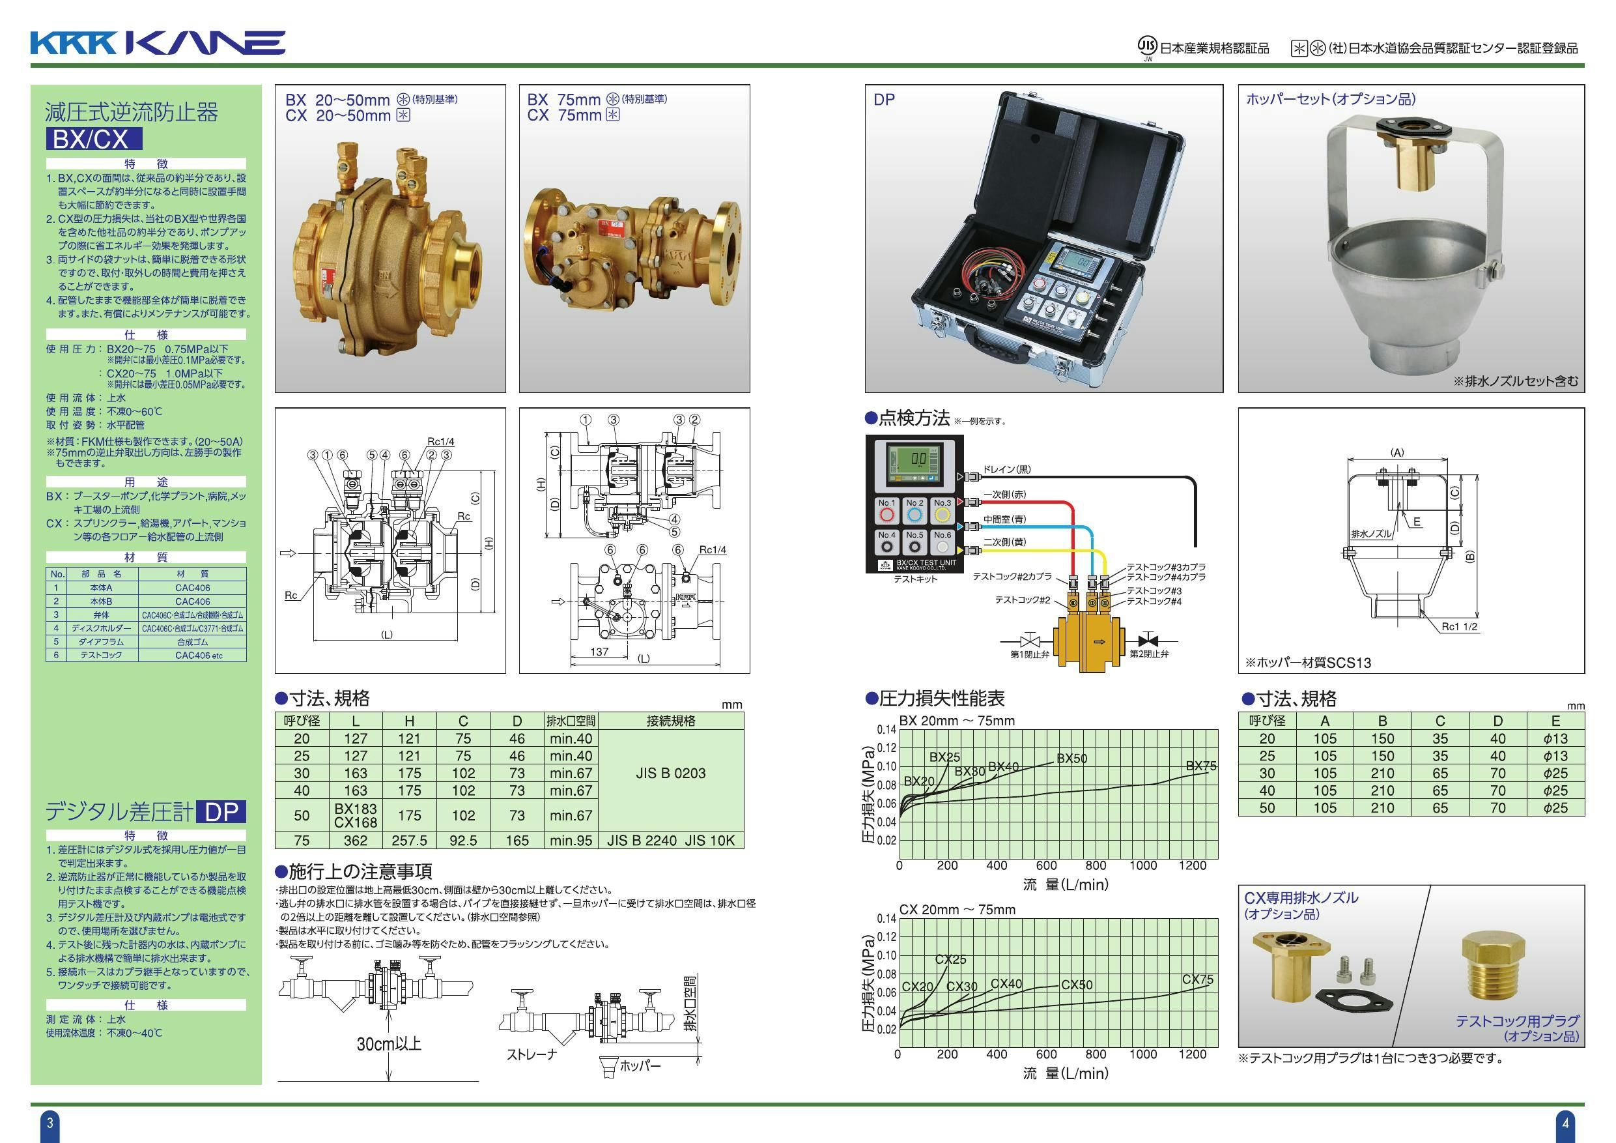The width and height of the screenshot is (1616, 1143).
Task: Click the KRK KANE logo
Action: [157, 43]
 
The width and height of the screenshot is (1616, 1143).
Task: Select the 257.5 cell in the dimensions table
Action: [409, 840]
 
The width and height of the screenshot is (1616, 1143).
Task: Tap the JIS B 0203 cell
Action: [670, 773]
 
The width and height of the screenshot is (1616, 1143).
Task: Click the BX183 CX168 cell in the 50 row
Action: [356, 815]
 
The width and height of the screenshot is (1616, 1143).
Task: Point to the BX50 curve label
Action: [1071, 759]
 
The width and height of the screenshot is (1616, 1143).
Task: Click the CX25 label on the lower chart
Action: [950, 959]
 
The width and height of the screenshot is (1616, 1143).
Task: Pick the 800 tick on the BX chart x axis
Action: [1095, 865]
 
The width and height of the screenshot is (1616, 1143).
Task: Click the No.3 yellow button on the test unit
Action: [943, 514]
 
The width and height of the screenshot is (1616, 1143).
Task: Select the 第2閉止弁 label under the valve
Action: [1148, 654]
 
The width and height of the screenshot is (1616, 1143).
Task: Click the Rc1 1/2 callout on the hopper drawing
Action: [1460, 626]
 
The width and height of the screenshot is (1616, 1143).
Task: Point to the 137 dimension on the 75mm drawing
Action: [599, 652]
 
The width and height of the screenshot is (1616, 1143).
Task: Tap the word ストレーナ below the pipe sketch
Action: [532, 1054]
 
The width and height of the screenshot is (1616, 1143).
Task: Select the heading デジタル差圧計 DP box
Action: [220, 812]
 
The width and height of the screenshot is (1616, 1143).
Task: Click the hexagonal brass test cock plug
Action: [1493, 968]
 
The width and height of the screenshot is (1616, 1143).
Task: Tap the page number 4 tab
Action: [1565, 1123]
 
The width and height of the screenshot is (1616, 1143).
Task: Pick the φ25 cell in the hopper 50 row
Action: [1555, 808]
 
